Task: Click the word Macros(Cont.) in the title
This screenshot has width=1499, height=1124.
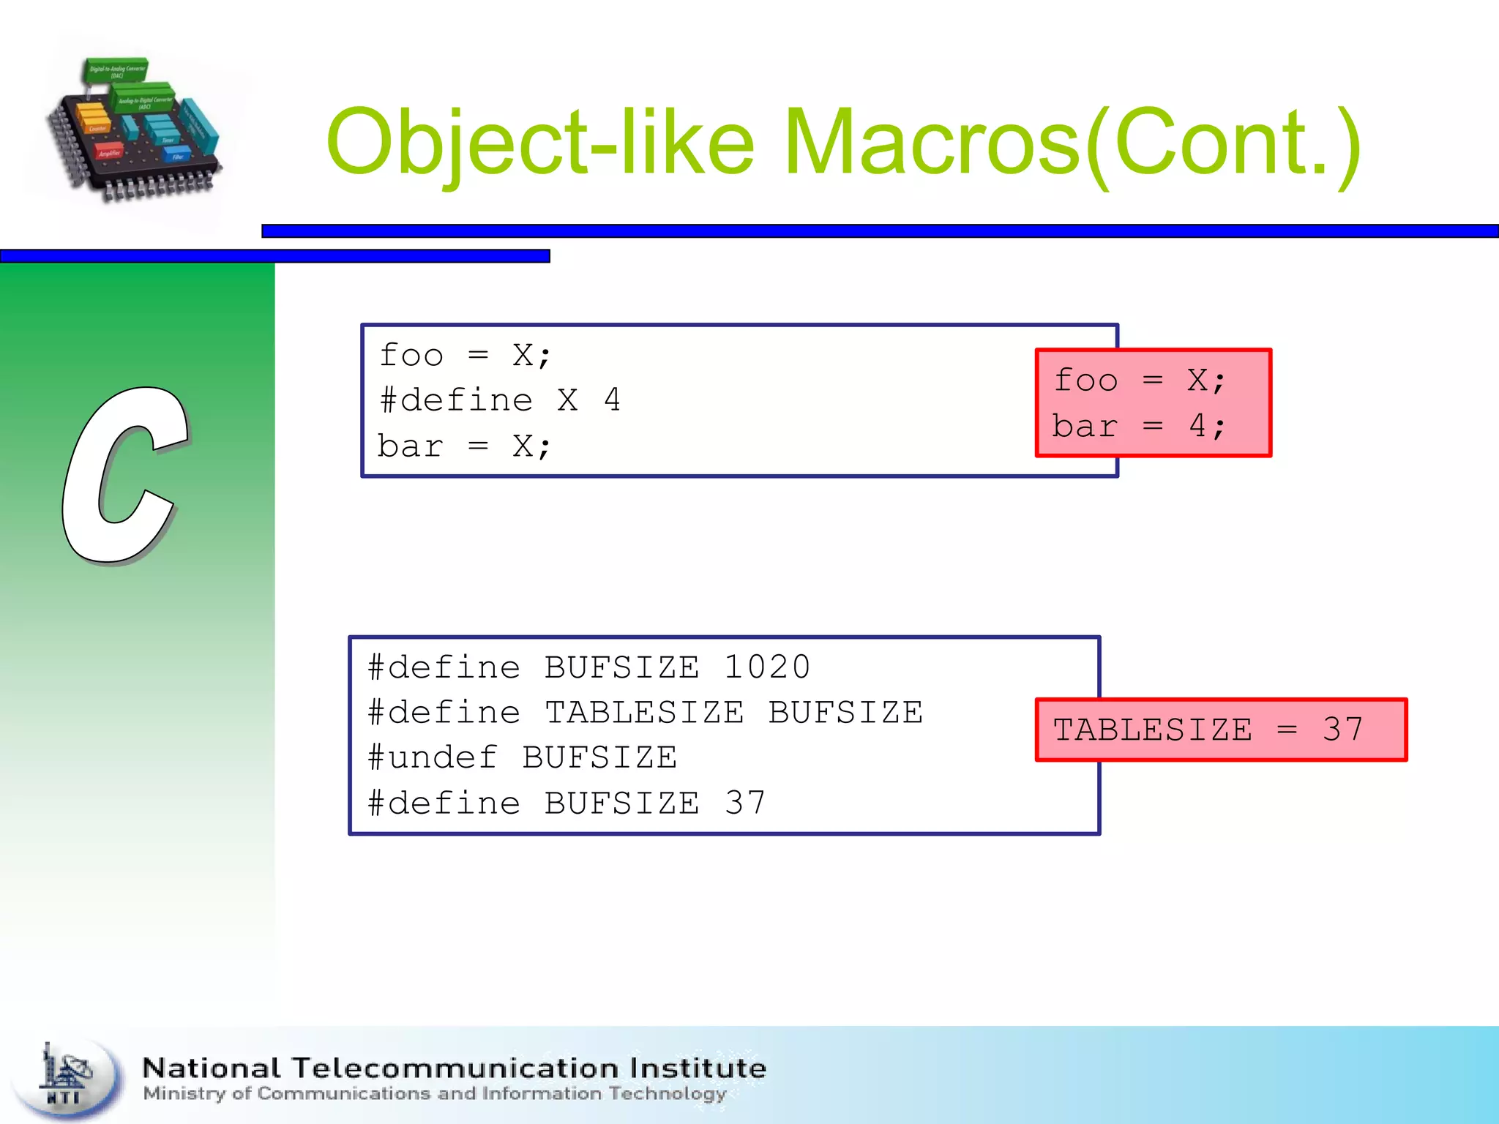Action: tap(1072, 143)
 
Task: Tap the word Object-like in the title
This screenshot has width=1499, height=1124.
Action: tap(540, 143)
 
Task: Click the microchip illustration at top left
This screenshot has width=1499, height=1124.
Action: tap(135, 128)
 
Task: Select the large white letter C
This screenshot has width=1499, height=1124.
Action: tap(124, 476)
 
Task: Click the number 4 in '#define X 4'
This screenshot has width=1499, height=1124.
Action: tap(612, 400)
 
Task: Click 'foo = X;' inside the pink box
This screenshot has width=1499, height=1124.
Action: tap(1139, 381)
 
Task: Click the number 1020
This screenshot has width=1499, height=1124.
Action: tap(766, 667)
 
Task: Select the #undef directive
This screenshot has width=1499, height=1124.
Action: tap(433, 757)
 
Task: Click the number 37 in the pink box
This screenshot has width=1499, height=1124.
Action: tap(1342, 730)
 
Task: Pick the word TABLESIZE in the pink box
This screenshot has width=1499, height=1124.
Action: tap(1152, 730)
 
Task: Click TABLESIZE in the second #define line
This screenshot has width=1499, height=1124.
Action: tap(644, 713)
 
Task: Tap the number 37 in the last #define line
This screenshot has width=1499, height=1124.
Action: tap(745, 803)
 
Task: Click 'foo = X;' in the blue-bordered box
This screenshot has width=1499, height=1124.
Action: tap(465, 356)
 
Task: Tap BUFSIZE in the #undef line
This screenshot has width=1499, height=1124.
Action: tap(599, 757)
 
